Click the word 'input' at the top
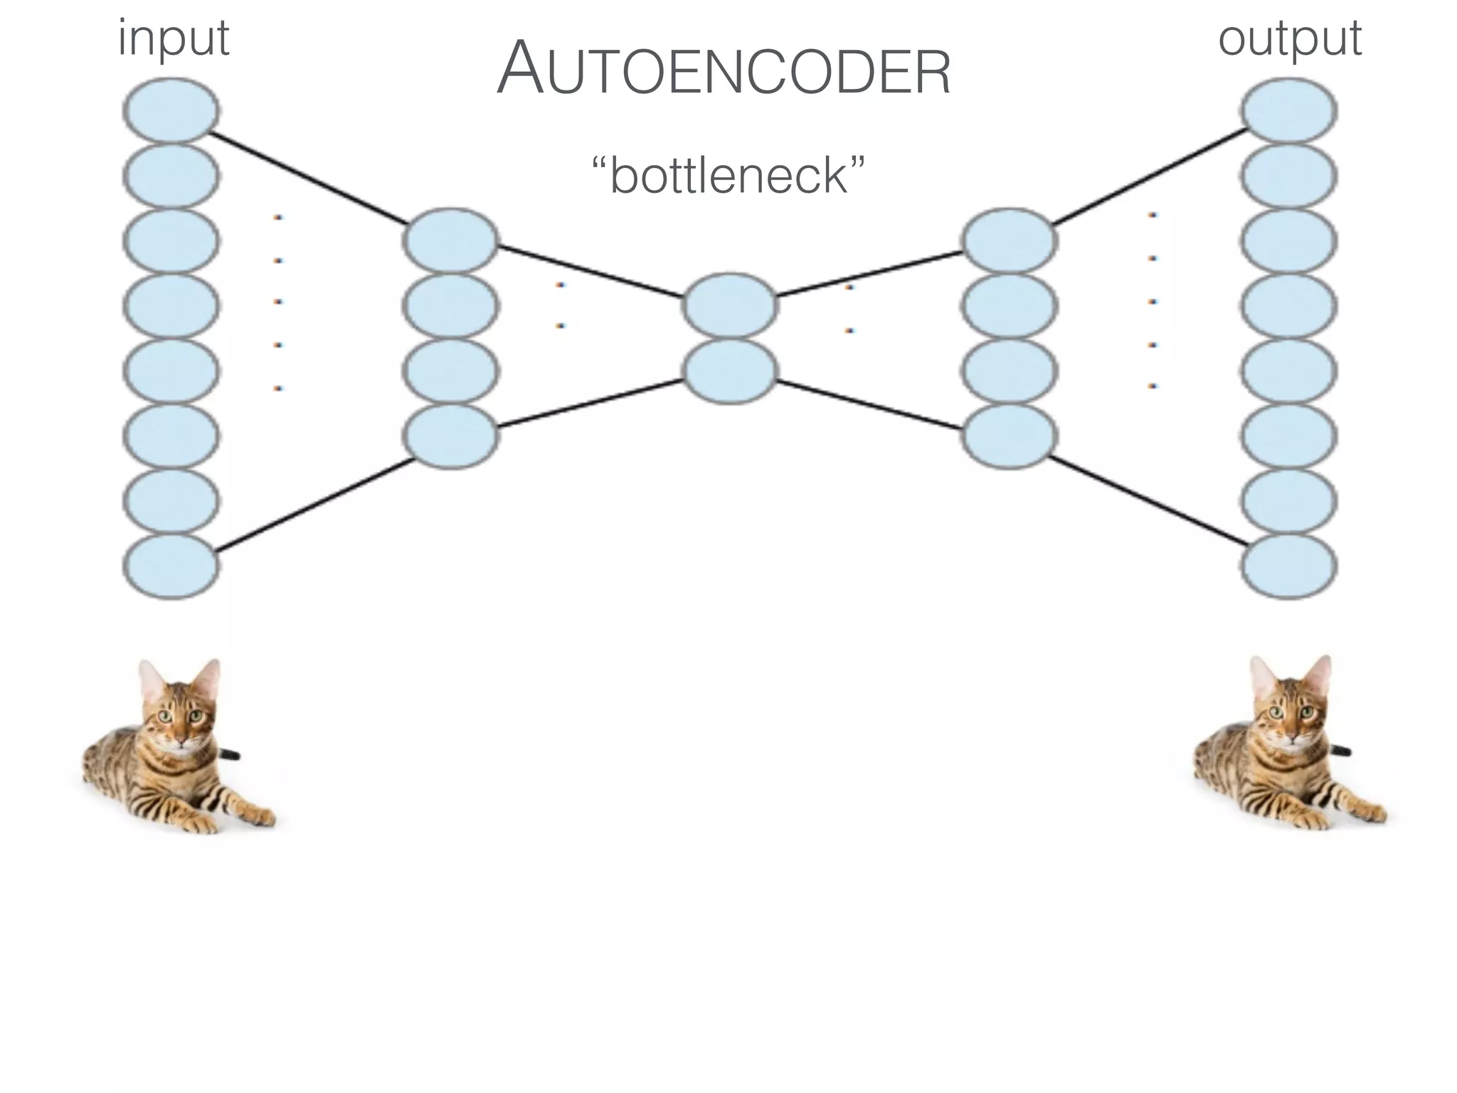(173, 39)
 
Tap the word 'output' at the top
(1289, 39)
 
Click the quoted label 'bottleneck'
(728, 176)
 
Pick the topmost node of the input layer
(171, 111)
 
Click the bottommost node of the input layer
(171, 566)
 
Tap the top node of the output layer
(1289, 111)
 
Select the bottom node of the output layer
(1289, 566)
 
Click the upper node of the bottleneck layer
(730, 305)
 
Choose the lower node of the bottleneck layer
(730, 371)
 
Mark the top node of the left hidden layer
(450, 241)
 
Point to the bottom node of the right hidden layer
(1009, 435)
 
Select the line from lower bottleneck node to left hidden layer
(590, 403)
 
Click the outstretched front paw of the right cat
(1370, 813)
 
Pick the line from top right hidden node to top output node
(1149, 177)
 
